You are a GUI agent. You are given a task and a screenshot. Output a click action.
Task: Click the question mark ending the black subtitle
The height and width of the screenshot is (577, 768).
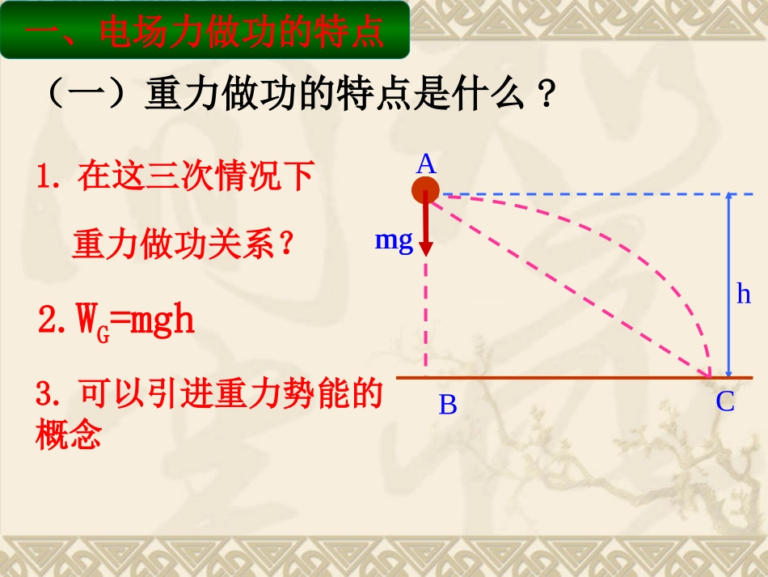[546, 98]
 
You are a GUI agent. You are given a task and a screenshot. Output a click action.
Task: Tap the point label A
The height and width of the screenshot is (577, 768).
[426, 165]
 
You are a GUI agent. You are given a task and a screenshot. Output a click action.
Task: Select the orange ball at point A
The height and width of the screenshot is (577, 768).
[425, 192]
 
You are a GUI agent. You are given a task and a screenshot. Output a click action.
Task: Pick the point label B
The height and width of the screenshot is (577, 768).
[448, 405]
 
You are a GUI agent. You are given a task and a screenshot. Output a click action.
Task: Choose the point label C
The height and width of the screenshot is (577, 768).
[724, 402]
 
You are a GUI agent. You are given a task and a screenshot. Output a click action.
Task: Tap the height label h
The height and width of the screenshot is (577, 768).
[744, 294]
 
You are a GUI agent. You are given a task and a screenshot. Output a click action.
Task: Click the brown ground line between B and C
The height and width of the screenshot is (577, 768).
[566, 377]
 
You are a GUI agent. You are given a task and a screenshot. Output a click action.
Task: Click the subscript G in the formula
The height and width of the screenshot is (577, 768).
[103, 332]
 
